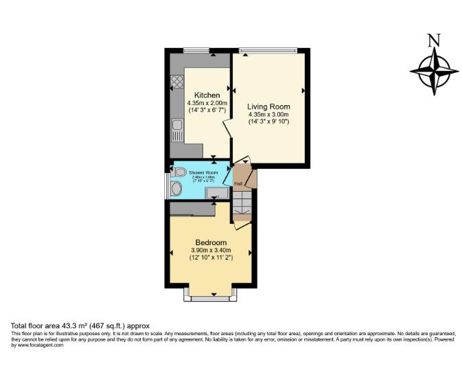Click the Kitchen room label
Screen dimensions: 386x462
[x=207, y=95]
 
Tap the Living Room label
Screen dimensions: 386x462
[x=268, y=106]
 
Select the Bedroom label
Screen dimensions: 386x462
[x=211, y=242]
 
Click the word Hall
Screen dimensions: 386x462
[x=238, y=183]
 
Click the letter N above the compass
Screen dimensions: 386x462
[x=433, y=41]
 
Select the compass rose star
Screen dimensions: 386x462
[x=434, y=71]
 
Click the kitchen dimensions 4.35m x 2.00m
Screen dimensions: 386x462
[x=207, y=103]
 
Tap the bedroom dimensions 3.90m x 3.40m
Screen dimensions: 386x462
[x=211, y=251]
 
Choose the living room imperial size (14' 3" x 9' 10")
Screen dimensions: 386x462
[x=268, y=122]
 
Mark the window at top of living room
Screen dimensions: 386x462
[x=268, y=49]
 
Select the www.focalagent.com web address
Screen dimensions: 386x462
[x=40, y=345]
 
